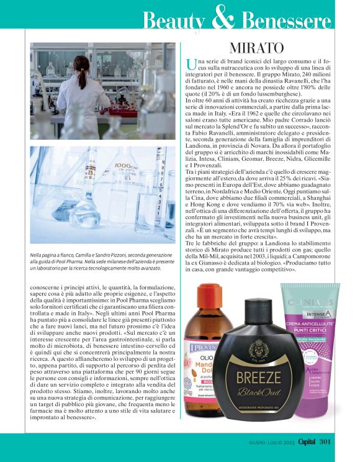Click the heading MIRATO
tap(257, 48)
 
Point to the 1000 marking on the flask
tap(125, 166)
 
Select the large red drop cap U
tap(191, 65)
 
